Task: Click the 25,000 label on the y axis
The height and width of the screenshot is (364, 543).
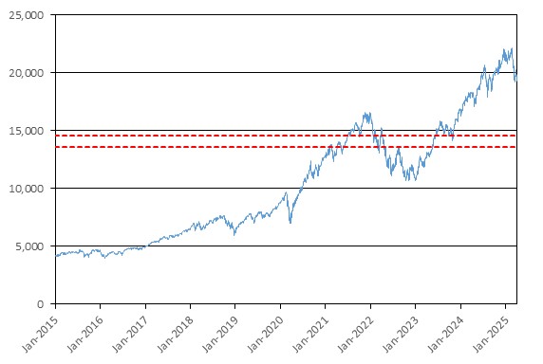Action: (27, 15)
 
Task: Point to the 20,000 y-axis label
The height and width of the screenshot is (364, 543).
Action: (27, 73)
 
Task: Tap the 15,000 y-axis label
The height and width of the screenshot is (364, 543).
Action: (27, 131)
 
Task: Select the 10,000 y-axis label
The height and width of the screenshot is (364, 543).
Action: (27, 189)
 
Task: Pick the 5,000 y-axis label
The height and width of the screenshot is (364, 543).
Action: (29, 246)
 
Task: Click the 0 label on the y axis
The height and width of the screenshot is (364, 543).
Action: (41, 304)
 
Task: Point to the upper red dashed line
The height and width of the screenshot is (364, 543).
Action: (286, 136)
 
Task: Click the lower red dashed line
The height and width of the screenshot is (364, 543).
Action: (286, 147)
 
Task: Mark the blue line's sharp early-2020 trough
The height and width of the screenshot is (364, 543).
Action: (290, 223)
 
